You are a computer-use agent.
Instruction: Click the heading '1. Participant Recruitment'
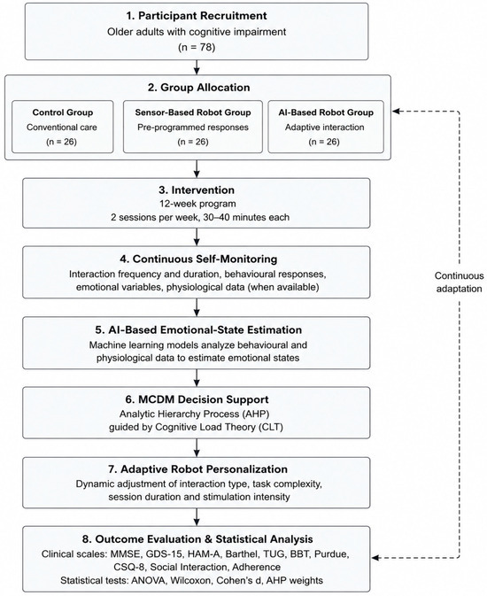pos(197,16)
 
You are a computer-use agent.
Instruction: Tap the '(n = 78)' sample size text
pos(197,47)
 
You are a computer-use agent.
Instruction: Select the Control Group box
pos(62,127)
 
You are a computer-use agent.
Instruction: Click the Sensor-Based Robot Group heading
pos(193,112)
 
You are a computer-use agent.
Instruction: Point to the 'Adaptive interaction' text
pos(325,127)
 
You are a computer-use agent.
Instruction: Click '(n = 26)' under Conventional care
pos(62,142)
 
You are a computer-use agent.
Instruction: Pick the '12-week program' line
pos(197,204)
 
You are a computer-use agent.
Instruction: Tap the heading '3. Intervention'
pos(197,190)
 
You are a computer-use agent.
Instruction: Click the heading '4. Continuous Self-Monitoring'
pos(198,259)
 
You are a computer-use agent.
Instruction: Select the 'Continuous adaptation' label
pos(459,282)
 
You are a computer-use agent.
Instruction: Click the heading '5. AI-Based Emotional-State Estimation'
pos(198,329)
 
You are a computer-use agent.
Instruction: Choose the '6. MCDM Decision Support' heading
pos(197,399)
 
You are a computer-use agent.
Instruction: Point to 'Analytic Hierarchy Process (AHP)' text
pos(194,414)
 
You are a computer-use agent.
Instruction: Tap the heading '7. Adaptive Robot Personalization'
pos(197,469)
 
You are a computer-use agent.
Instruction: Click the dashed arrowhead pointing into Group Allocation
pos(396,111)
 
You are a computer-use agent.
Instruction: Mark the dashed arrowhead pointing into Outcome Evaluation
pos(375,558)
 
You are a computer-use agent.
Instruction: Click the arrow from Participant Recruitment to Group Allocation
pos(197,67)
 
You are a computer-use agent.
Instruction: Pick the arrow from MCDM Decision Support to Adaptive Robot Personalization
pos(197,448)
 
